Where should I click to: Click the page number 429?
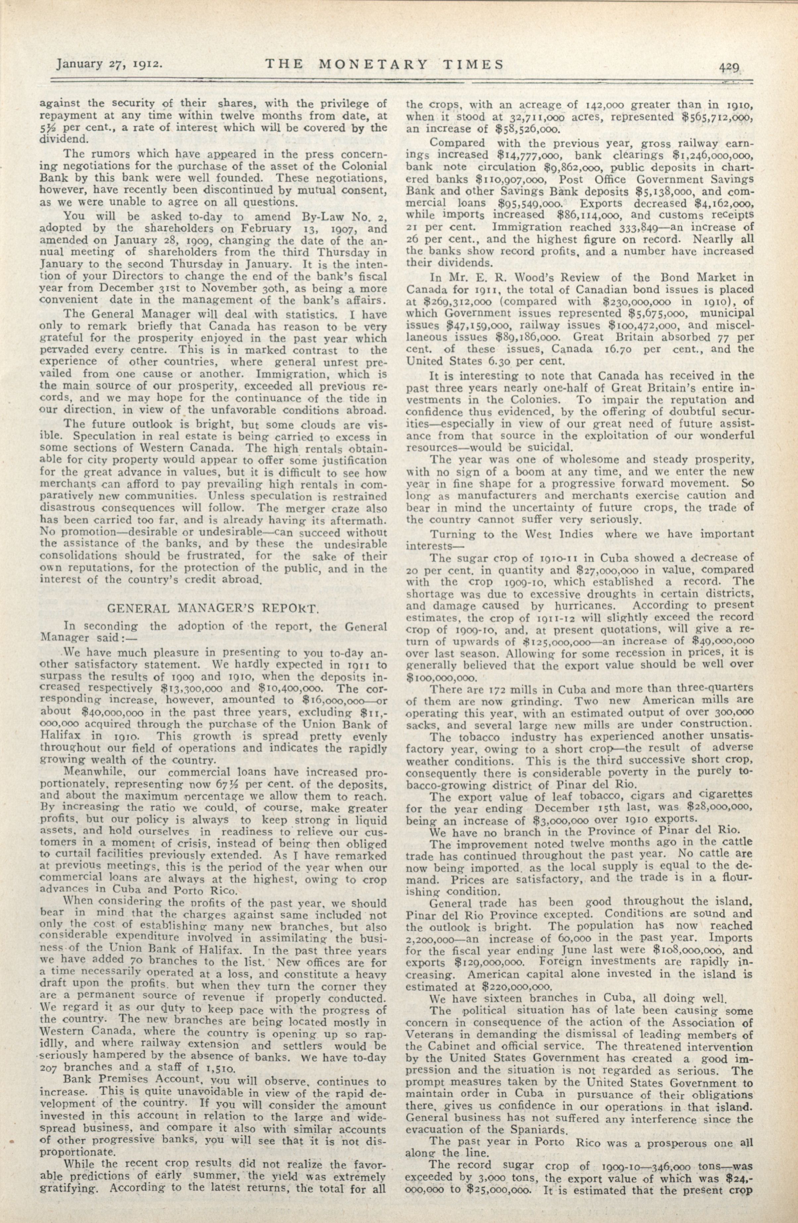click(728, 66)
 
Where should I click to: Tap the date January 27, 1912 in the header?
click(110, 64)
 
